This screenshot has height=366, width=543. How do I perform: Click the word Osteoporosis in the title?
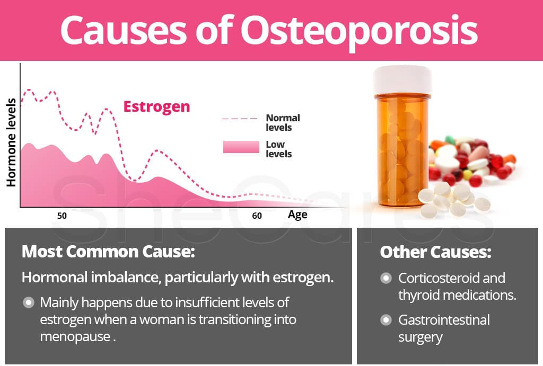[x=359, y=32]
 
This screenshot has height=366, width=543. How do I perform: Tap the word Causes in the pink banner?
[x=124, y=31]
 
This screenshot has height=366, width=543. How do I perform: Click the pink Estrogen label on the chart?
[x=156, y=107]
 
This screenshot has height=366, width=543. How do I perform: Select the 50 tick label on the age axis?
[x=62, y=216]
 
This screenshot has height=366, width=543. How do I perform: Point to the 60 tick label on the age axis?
[x=257, y=216]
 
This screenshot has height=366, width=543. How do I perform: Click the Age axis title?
[x=297, y=215]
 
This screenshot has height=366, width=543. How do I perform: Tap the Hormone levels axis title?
[x=12, y=142]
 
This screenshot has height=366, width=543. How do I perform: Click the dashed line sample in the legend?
[x=240, y=119]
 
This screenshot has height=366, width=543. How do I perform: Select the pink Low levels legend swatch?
[x=241, y=147]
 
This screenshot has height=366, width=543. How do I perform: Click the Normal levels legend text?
[x=283, y=123]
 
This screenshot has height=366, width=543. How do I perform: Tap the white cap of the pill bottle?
[x=402, y=80]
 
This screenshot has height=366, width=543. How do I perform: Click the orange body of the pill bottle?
[x=402, y=151]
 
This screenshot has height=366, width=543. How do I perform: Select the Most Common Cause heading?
[x=108, y=252]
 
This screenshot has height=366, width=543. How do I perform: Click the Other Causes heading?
[x=435, y=252]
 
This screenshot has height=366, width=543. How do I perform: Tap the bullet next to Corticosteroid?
[x=386, y=278]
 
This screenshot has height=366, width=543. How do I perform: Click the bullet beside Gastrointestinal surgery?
[x=386, y=320]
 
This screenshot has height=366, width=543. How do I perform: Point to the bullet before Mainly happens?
[x=29, y=302]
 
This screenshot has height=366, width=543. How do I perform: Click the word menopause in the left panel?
[x=75, y=336]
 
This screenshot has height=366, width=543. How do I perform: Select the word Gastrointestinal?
[x=444, y=320]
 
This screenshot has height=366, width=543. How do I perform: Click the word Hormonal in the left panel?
[x=55, y=278]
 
